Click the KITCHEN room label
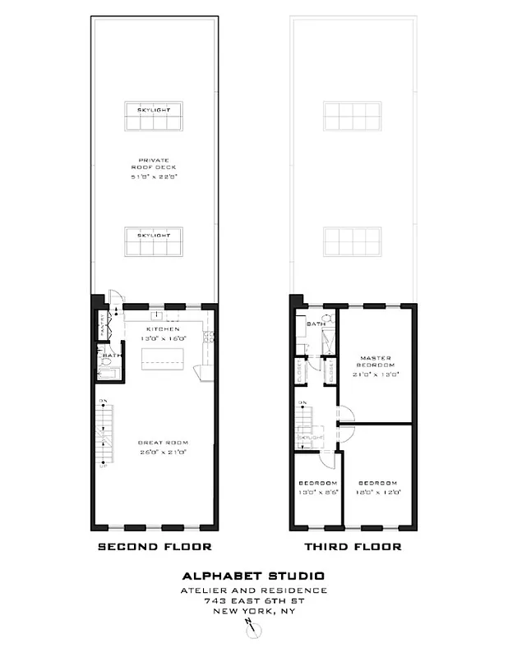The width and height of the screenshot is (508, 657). [x=155, y=328]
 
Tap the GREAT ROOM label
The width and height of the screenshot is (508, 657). [x=155, y=444]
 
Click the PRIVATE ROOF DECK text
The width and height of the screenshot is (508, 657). [x=154, y=164]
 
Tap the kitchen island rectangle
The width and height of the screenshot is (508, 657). [x=158, y=358]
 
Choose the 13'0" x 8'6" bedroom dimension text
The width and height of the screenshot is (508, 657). [x=316, y=493]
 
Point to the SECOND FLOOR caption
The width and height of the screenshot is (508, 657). [x=155, y=547]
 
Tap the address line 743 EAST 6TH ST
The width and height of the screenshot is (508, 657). [x=254, y=600]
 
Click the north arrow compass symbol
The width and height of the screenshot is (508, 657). [x=255, y=630]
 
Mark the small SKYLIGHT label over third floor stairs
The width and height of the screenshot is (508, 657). [x=311, y=439]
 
